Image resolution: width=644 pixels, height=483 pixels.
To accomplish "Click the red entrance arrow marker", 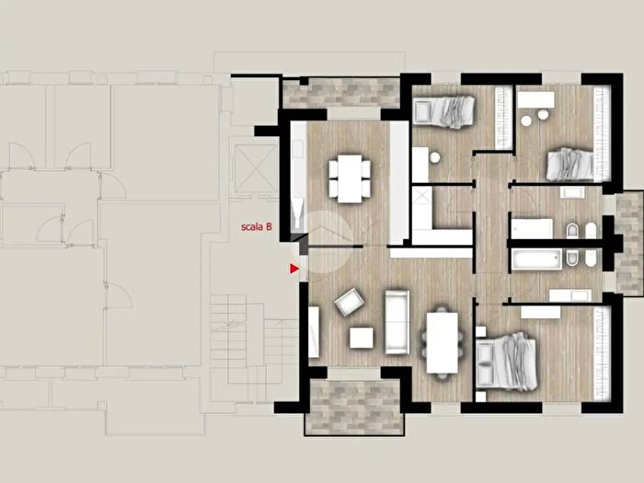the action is [294, 269].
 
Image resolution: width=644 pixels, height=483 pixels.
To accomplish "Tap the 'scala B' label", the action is [257, 226].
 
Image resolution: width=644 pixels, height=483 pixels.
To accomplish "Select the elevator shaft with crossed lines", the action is [256, 168].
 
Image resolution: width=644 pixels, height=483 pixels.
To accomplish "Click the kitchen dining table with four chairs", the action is [350, 178].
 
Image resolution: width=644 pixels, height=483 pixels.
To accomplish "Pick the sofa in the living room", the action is [397, 322].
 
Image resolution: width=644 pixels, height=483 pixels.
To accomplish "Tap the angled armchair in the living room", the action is [349, 302].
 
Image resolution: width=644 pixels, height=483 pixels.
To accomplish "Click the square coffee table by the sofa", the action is [362, 338].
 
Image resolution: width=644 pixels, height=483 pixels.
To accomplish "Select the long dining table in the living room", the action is [442, 342].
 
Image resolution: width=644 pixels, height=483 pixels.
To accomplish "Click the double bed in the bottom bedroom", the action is [507, 361].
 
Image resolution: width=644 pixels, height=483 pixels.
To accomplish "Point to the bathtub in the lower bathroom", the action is [536, 259].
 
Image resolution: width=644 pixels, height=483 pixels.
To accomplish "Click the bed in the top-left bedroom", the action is [443, 109].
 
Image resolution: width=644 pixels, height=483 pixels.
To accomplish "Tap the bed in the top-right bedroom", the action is [570, 165].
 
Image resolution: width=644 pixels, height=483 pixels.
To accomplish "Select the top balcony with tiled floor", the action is [339, 93].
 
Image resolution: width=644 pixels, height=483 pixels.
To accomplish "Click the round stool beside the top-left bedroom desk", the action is [435, 157].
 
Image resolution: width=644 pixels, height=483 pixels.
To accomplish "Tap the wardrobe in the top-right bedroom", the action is [602, 133].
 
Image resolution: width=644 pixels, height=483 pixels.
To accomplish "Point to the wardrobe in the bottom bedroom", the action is [602, 353].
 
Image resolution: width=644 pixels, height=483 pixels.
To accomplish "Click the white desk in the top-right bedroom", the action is [535, 99].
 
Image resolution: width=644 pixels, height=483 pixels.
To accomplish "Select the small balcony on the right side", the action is [628, 243].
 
